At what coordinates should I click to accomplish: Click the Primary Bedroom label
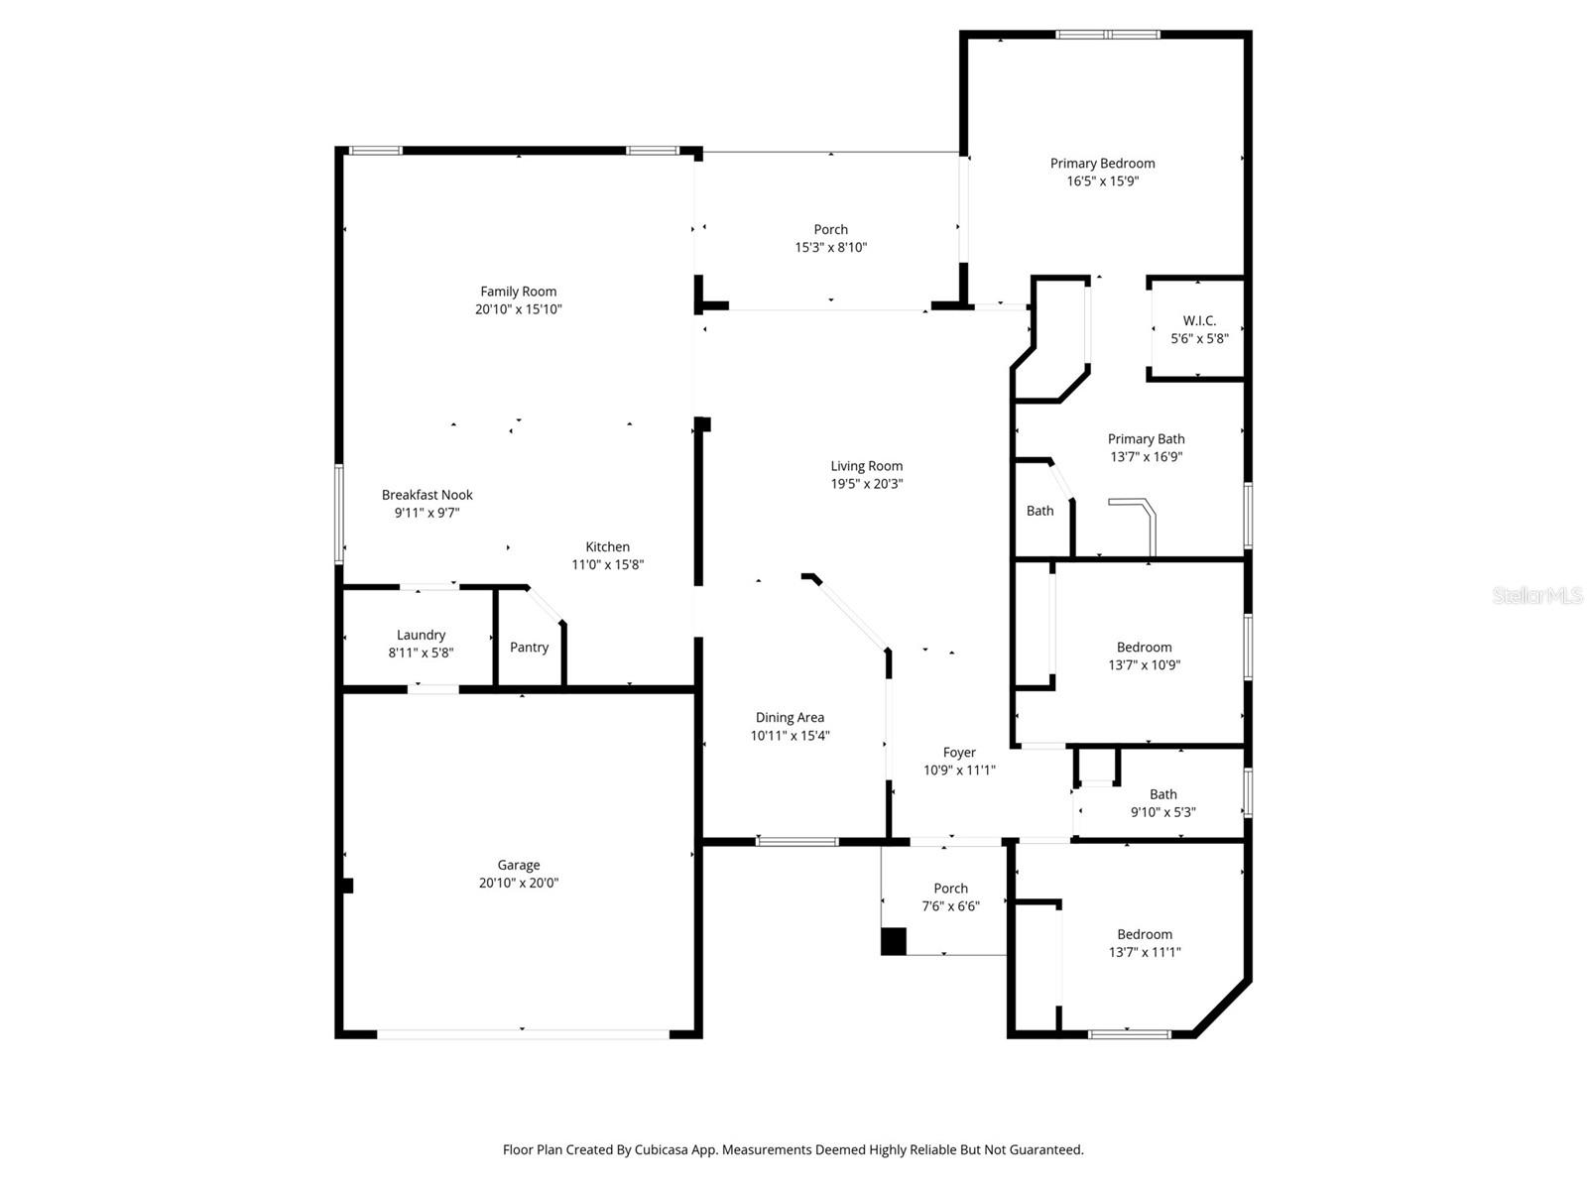(x=1102, y=164)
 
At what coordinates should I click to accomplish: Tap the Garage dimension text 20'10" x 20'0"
(x=519, y=883)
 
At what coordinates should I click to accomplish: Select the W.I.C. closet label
(x=1199, y=320)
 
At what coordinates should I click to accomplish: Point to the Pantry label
(x=529, y=647)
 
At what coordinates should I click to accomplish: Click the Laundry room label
(x=421, y=635)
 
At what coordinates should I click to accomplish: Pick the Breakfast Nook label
(x=427, y=495)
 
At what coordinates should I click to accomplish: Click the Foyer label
(x=959, y=753)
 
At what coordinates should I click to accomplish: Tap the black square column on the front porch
(x=894, y=941)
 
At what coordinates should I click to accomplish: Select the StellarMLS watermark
(x=1536, y=595)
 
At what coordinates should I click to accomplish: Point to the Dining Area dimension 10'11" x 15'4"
(x=790, y=736)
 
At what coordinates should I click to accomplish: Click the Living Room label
(x=867, y=466)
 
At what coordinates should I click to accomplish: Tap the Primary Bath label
(x=1146, y=439)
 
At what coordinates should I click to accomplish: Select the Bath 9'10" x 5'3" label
(x=1163, y=794)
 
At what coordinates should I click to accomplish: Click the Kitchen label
(x=607, y=546)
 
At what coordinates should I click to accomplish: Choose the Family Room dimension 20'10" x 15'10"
(x=519, y=309)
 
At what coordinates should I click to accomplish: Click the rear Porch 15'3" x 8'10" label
(x=831, y=229)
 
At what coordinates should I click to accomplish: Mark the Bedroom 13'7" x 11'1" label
(x=1145, y=934)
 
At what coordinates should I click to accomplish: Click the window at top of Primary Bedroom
(x=1107, y=35)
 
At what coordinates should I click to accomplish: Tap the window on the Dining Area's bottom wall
(x=797, y=842)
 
